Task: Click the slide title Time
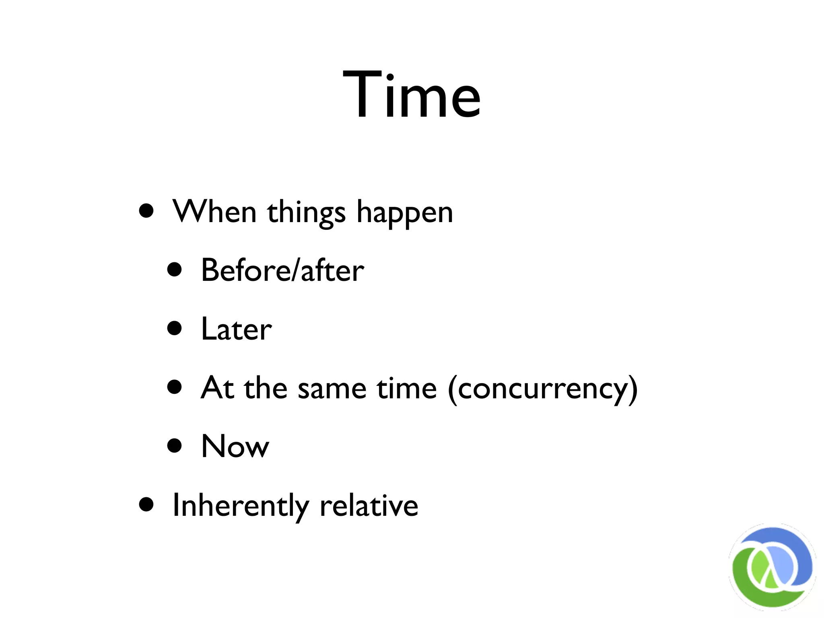[412, 95]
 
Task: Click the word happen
[405, 213]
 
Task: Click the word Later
[237, 329]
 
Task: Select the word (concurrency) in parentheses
[543, 389]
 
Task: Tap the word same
[332, 389]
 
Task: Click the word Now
[235, 446]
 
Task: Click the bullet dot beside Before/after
[175, 270]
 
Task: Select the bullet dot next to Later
[175, 328]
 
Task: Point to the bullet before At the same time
[175, 387]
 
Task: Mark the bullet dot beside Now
[175, 445]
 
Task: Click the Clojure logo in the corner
[772, 567]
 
